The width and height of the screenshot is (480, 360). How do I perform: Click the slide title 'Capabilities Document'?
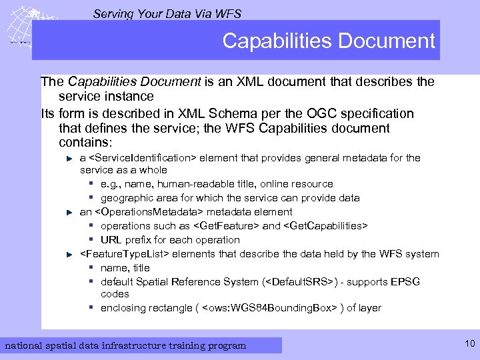tap(328, 41)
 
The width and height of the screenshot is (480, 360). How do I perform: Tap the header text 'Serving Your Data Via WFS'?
tap(167, 13)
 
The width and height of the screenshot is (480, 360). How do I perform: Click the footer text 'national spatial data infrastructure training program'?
tap(125, 345)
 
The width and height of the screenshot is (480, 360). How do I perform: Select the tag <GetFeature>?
tap(226, 226)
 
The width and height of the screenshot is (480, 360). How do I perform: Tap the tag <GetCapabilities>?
tap(325, 226)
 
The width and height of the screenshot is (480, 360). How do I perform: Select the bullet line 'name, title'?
tap(125, 267)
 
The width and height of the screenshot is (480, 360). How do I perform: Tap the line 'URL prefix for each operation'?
tap(170, 239)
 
